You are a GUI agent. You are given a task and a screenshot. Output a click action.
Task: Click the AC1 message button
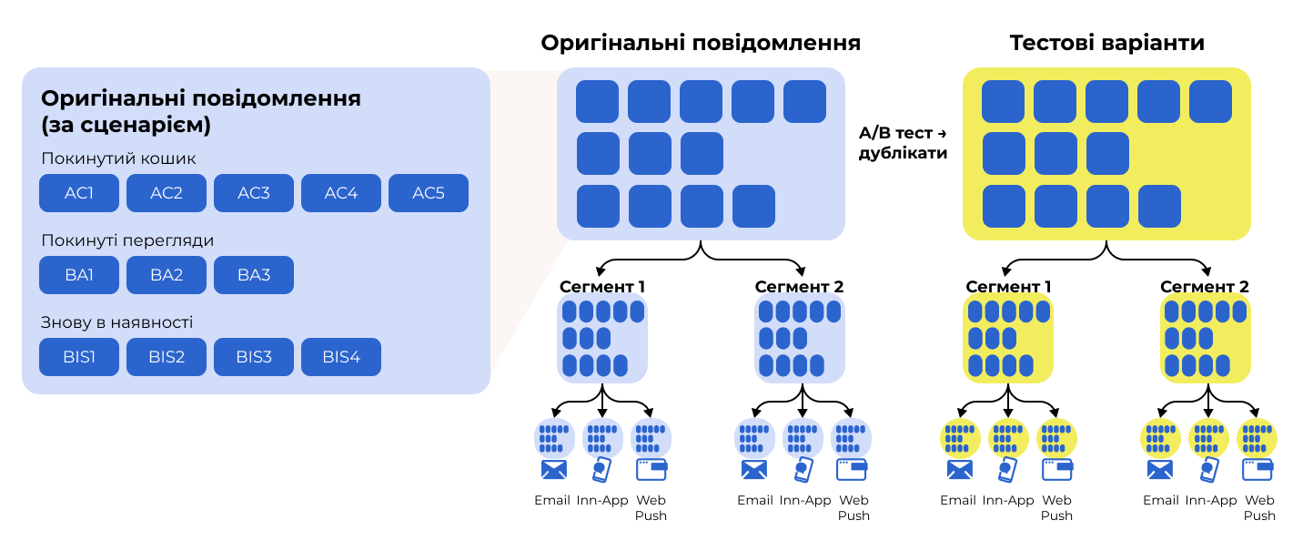pos(79,193)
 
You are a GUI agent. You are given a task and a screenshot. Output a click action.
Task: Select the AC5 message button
pos(429,193)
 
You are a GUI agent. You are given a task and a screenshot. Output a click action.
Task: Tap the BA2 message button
pos(167,275)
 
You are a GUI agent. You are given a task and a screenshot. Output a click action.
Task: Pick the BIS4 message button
pos(341,357)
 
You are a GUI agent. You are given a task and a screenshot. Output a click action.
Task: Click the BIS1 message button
pos(79,357)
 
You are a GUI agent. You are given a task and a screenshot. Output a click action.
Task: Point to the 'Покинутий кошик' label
pos(118,159)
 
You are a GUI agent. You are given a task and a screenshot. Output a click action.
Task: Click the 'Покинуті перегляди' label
pos(127,241)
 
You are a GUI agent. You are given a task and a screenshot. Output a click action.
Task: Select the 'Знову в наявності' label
pos(116,322)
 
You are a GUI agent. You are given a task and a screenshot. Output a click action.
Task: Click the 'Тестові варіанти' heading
pos(1106,44)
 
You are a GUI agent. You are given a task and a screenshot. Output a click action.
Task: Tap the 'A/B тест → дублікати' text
pos(903,143)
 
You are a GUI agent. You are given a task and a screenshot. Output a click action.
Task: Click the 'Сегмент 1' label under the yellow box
pos(1008,287)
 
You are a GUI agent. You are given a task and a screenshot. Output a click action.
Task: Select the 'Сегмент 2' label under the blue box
pos(799,287)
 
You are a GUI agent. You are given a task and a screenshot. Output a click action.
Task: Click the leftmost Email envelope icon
pos(553,470)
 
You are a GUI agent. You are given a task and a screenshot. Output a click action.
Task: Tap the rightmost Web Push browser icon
pos(1258,470)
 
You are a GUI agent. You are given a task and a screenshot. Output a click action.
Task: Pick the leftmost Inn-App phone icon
pos(602,470)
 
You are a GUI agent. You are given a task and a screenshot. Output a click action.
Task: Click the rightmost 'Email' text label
pos(1160,500)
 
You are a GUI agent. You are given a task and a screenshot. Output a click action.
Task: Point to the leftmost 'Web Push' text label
pos(651,507)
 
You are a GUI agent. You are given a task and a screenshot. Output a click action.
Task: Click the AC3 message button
pos(254,193)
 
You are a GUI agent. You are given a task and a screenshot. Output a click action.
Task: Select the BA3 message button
pos(254,275)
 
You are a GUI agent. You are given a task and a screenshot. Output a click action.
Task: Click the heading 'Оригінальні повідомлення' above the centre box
pos(700,44)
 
